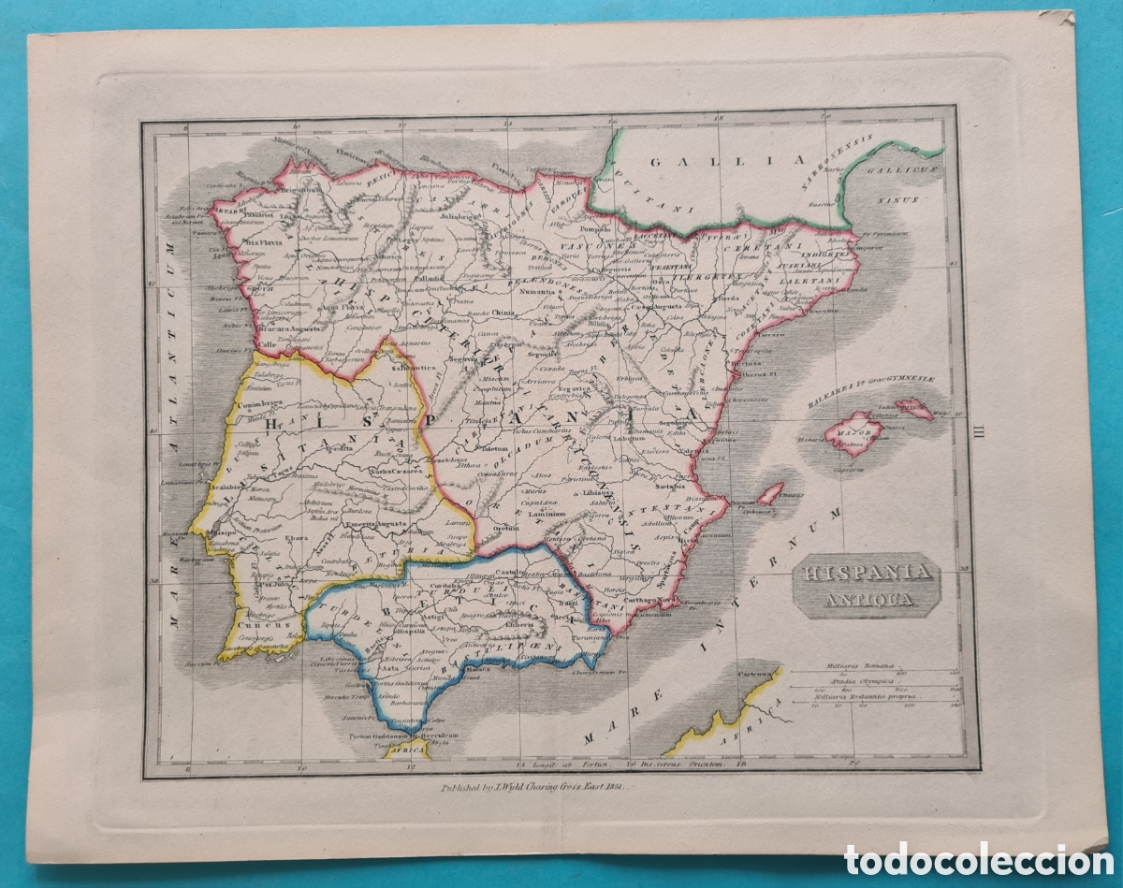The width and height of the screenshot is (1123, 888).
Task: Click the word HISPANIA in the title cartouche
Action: tap(852, 572)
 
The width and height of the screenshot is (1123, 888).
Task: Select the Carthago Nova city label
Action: tap(652, 599)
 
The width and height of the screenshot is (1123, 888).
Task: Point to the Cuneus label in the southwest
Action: tap(254, 624)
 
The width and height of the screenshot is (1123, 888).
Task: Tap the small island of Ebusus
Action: tap(770, 493)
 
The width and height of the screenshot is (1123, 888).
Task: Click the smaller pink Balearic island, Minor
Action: tap(914, 408)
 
